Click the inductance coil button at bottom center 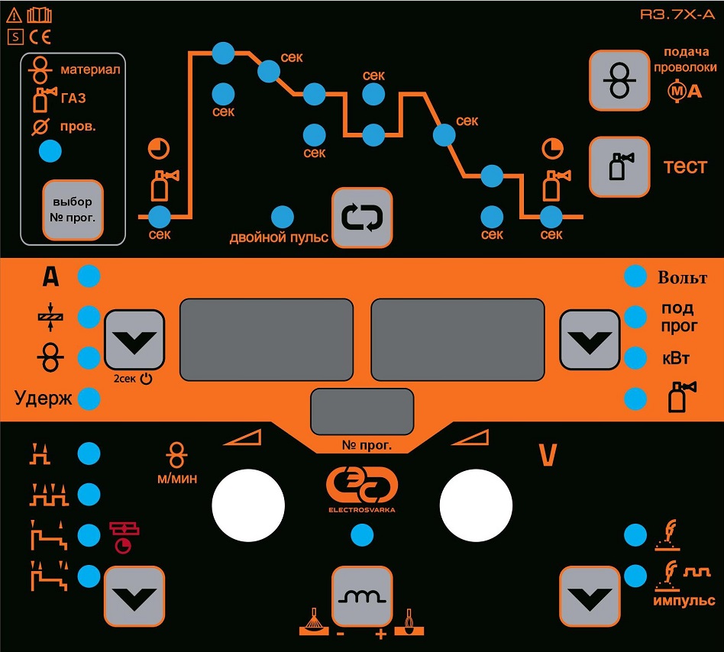point(361,598)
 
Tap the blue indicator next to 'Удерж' point(89,398)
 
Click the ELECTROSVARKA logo point(361,489)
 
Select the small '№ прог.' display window point(361,412)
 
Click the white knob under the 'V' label point(476,504)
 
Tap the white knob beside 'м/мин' point(247,504)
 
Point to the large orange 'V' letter point(547,456)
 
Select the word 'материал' point(90,69)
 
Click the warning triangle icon point(14,14)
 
